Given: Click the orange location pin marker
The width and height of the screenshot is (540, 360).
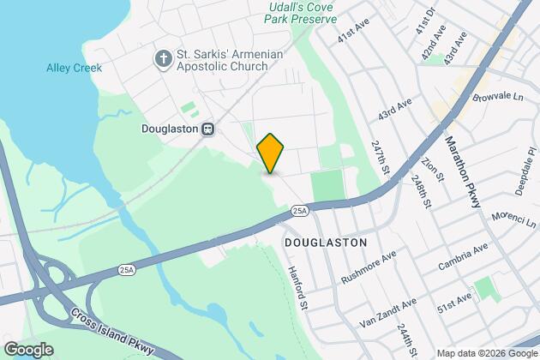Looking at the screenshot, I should (x=270, y=153).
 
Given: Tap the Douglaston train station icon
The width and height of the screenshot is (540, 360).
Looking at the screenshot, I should (x=207, y=129).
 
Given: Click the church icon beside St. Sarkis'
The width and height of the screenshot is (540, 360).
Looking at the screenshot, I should (x=163, y=58).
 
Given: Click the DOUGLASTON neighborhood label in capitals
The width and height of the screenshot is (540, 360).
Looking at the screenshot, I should (x=325, y=243).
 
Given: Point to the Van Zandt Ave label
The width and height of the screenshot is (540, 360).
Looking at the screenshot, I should (x=387, y=313).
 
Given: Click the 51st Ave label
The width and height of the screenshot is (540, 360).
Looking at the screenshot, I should (x=454, y=303).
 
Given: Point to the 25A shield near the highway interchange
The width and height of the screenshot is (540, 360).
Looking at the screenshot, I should (x=127, y=270).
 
